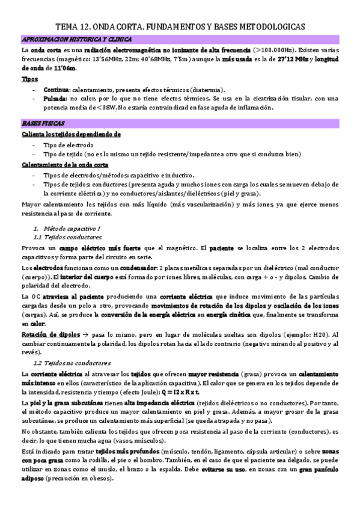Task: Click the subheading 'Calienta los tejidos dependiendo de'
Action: [72, 134]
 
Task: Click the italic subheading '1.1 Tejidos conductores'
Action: [67, 238]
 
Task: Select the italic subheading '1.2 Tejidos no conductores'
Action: [72, 363]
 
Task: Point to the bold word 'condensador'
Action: [136, 267]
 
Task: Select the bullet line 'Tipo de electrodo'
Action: [69, 145]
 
